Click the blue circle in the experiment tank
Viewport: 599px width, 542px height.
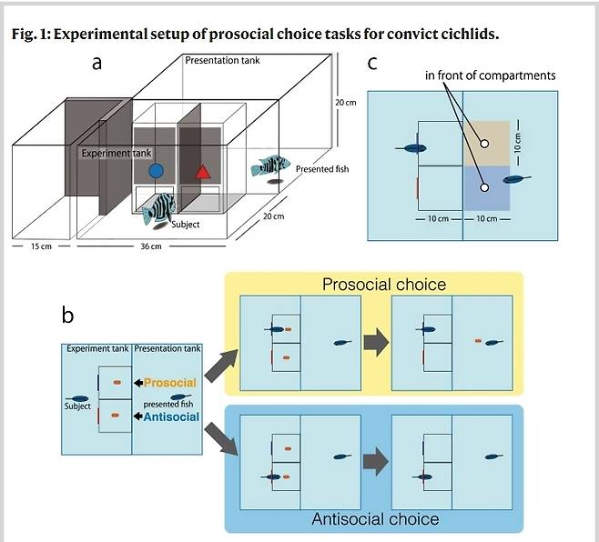[x=156, y=170]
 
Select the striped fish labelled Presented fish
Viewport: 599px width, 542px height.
[x=270, y=166]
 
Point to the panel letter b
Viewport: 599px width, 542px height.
[x=68, y=315]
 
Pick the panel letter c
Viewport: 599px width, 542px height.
[x=372, y=63]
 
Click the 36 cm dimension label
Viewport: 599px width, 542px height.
[x=150, y=247]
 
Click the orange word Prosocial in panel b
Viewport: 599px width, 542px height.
[x=170, y=383]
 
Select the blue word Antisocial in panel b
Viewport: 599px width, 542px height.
[x=170, y=417]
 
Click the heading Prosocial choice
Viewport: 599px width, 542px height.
[x=384, y=285]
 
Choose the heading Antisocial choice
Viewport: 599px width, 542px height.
[x=374, y=519]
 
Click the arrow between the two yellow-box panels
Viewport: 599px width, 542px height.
[x=373, y=342]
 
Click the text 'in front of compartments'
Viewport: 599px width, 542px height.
[x=490, y=75]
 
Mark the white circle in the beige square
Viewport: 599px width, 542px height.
[x=484, y=143]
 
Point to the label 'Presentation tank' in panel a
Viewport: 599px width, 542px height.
[x=218, y=60]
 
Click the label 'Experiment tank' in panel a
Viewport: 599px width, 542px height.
[x=116, y=153]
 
